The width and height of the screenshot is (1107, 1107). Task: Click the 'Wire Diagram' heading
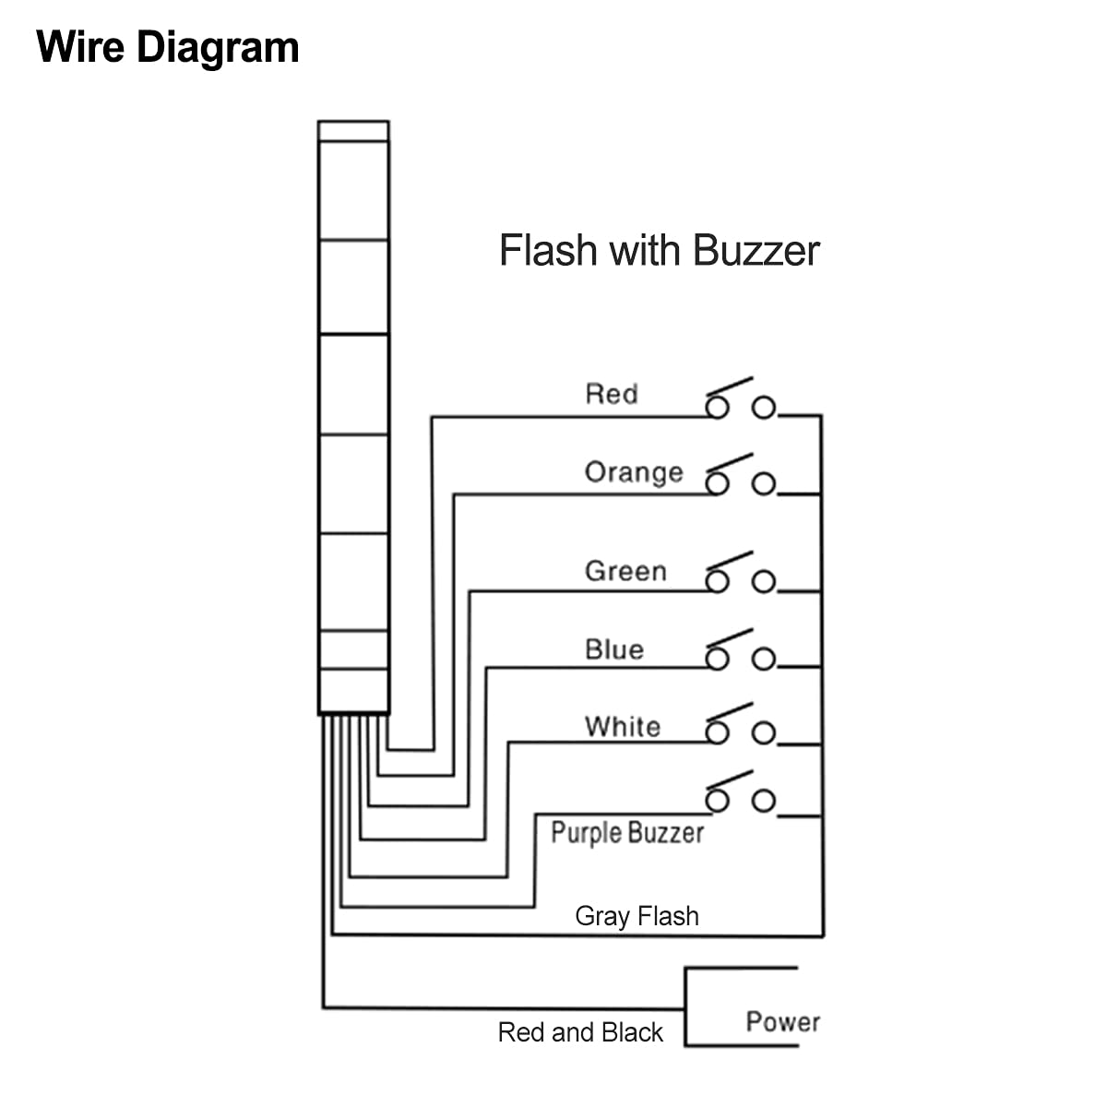pos(168,48)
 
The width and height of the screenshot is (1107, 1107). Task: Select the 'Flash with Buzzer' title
pos(659,251)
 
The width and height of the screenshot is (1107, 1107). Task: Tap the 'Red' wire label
pos(612,395)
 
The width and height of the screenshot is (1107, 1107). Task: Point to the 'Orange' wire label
pos(634,472)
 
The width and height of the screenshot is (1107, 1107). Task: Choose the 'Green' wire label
pos(625,571)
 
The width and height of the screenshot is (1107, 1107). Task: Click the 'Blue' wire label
pos(614,649)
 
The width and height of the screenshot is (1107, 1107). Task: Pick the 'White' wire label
pos(623,727)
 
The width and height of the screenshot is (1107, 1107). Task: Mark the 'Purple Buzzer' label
pos(627,833)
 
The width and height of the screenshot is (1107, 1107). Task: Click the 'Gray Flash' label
pos(637,916)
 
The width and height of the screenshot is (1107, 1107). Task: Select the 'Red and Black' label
pos(580,1032)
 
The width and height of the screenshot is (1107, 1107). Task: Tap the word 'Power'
pos(783,1022)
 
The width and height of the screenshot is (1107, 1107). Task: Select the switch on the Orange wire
pos(740,478)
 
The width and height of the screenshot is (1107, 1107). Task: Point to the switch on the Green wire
pos(740,576)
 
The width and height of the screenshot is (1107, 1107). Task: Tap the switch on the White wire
pos(740,727)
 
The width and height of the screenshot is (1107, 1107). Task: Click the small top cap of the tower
pos(353,131)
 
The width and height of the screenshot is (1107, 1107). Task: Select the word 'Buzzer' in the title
pos(756,251)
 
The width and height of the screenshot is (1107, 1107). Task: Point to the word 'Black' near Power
pos(632,1032)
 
